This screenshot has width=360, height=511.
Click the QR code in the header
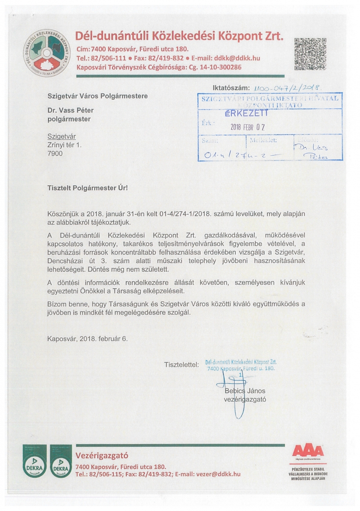311,54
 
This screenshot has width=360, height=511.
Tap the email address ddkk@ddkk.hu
237,58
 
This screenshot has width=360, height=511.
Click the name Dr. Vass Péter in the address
70,110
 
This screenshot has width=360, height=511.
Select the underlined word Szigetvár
61,137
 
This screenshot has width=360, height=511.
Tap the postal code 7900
55,153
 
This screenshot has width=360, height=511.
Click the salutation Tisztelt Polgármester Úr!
87,187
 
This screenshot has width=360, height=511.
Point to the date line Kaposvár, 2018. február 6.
87,339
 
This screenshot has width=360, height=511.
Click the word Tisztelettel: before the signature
181,365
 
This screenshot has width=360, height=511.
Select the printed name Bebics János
245,391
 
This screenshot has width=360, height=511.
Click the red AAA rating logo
308,452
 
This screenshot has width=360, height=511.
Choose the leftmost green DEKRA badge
35,461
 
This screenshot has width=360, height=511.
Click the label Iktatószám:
230,88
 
